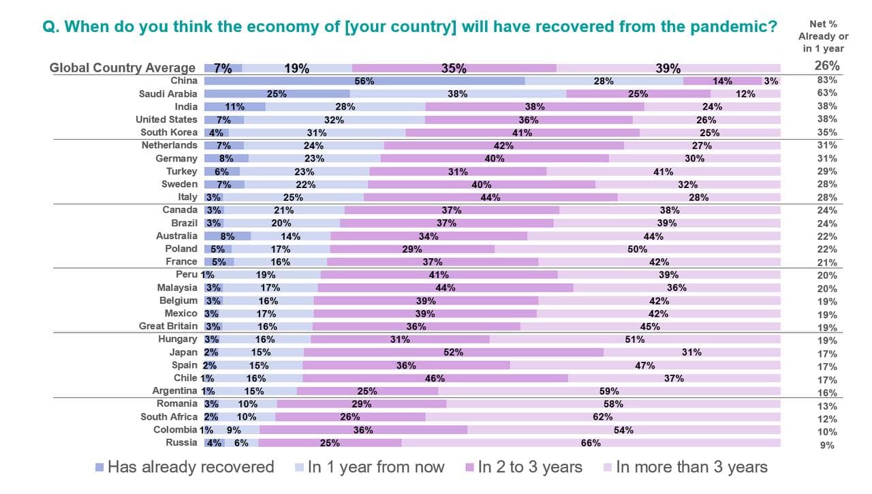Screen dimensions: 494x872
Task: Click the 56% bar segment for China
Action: click(364, 80)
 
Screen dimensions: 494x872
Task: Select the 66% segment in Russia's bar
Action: click(591, 443)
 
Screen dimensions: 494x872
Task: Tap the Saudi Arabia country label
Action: click(168, 93)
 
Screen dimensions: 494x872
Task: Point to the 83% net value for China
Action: click(827, 80)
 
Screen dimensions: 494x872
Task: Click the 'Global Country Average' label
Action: click(123, 67)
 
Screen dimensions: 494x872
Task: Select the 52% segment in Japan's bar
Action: click(453, 352)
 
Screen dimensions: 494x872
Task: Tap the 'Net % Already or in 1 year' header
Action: click(823, 36)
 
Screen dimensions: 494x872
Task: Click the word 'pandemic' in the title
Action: click(728, 27)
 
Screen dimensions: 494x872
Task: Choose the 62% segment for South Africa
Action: click(602, 417)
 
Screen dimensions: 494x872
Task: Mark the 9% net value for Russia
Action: click(827, 446)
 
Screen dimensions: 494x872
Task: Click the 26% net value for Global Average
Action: click(827, 66)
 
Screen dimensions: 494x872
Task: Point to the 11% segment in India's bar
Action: click(234, 106)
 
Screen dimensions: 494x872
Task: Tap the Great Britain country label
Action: click(168, 326)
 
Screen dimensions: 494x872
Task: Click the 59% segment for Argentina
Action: click(609, 391)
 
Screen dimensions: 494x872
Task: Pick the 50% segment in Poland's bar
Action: click(637, 249)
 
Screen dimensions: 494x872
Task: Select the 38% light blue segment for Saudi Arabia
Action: click(458, 94)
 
